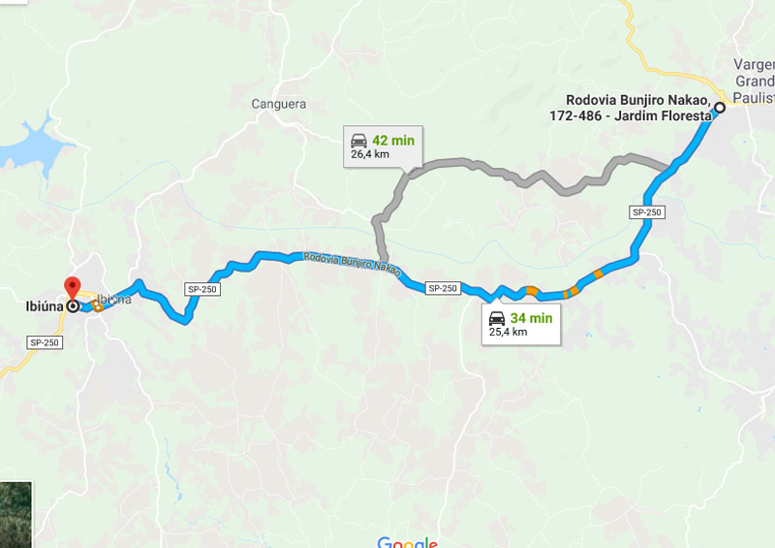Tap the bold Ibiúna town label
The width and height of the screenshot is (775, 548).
tap(45, 306)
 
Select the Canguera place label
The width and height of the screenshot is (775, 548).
tap(278, 104)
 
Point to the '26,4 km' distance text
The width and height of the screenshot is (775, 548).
tap(370, 153)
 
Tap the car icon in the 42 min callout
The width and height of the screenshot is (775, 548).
tap(358, 141)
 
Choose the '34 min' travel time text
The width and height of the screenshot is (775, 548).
tap(531, 318)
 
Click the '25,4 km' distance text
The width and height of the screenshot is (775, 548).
tap(508, 332)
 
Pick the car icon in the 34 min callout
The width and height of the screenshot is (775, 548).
tap(496, 318)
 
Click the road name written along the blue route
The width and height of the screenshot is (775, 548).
tap(351, 262)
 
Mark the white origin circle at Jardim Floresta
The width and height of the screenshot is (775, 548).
tap(720, 109)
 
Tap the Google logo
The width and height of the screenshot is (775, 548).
tap(407, 542)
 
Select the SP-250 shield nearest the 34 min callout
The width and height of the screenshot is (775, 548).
tap(442, 288)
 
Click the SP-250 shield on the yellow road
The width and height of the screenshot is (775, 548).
tap(45, 342)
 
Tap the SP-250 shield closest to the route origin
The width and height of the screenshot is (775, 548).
tap(646, 211)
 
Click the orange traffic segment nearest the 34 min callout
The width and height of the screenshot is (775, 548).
tap(532, 290)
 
